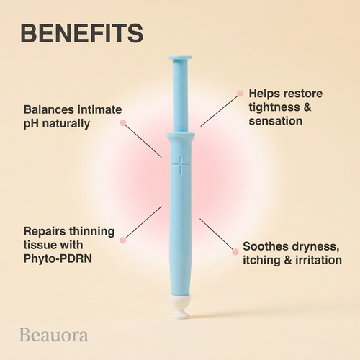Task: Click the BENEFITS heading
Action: [82, 33]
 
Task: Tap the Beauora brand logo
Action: [54, 335]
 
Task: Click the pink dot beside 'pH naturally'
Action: [123, 123]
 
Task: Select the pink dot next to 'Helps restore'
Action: [240, 94]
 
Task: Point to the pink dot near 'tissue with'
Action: [123, 240]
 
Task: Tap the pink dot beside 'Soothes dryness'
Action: [235, 252]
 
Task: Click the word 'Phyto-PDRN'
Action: [58, 258]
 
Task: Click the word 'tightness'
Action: [274, 107]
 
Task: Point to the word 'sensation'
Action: [276, 121]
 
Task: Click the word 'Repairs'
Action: [45, 232]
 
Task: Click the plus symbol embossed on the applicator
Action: [181, 164]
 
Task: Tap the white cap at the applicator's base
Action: [181, 307]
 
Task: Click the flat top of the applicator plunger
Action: [180, 58]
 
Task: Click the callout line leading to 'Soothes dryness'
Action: [216, 234]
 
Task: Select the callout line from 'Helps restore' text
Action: [220, 111]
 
